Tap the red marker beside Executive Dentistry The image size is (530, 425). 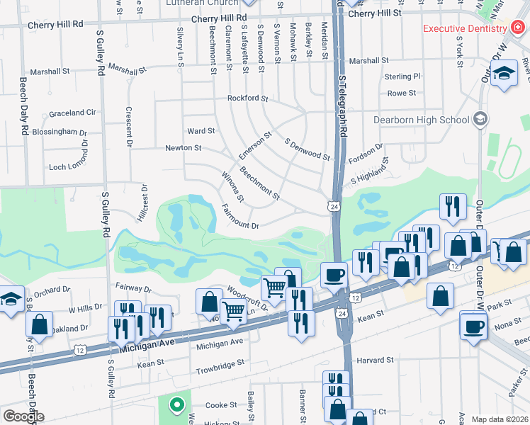pyautogui.click(x=518, y=28)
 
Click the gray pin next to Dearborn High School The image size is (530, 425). pyautogui.click(x=481, y=118)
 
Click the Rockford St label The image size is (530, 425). pyautogui.click(x=247, y=98)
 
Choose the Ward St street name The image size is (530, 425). pyautogui.click(x=201, y=131)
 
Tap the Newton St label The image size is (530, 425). pyautogui.click(x=184, y=148)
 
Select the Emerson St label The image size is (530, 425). pyautogui.click(x=255, y=144)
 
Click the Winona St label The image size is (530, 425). pyautogui.click(x=232, y=186)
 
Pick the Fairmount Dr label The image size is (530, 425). pyautogui.click(x=241, y=225)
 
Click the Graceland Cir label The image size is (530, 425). pyautogui.click(x=72, y=113)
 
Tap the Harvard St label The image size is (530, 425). pyautogui.click(x=374, y=360)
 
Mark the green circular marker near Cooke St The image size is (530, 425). pyautogui.click(x=176, y=405)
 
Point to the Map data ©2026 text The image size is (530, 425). pyautogui.click(x=500, y=419)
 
